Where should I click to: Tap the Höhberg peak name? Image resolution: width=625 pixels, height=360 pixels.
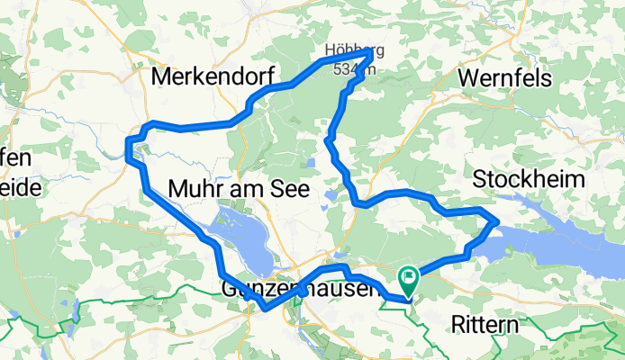tap(348, 50)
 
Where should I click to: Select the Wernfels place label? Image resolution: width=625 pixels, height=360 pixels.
tap(504, 78)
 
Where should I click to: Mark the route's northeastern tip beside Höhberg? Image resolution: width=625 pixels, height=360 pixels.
tap(371, 56)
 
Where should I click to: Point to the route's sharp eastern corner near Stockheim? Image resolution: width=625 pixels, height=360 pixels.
tap(497, 221)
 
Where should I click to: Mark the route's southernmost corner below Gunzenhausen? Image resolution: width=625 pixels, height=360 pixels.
tap(264, 310)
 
